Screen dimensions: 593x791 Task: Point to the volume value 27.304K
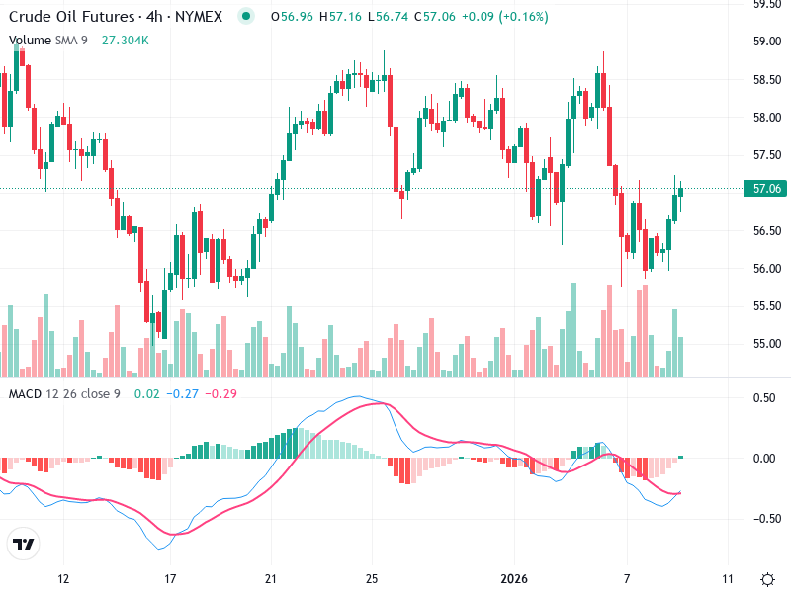coord(126,41)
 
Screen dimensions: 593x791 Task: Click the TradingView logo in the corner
coord(24,545)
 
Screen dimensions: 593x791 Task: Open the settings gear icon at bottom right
coord(767,578)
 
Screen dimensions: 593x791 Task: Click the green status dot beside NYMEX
coord(247,16)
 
